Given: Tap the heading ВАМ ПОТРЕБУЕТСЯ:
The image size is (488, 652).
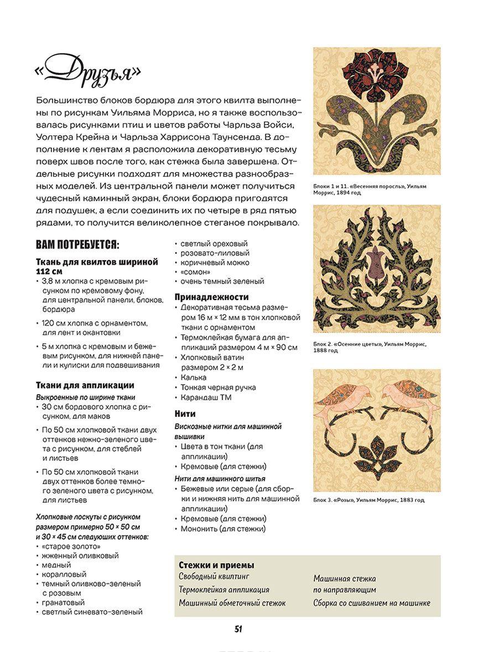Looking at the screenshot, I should [x=77, y=245].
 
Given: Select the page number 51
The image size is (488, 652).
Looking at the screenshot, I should [x=238, y=629].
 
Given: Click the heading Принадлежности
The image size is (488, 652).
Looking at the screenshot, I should [x=212, y=297].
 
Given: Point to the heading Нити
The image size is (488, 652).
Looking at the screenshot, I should [x=185, y=413].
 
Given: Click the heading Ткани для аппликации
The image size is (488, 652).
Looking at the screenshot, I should [x=85, y=385].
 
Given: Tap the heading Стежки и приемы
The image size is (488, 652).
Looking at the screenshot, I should [x=216, y=565].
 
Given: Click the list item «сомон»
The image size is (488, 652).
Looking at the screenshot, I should [x=193, y=272].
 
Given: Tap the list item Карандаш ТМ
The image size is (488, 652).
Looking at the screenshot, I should [x=206, y=397].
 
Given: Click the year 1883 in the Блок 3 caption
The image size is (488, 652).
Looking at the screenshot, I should [x=406, y=500].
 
